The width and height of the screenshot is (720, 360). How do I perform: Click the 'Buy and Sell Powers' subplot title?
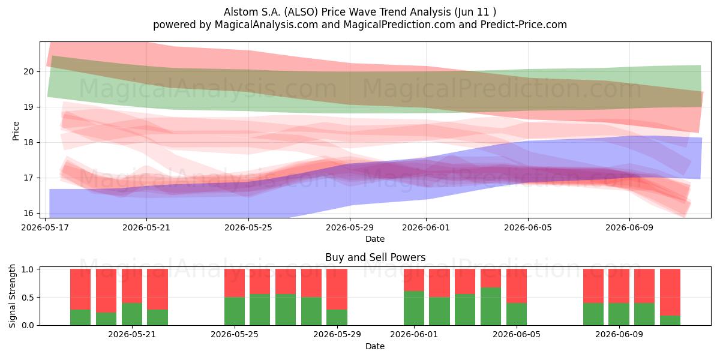375,257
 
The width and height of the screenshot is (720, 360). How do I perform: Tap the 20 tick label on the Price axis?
28,71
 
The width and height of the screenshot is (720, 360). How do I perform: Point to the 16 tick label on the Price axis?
28,213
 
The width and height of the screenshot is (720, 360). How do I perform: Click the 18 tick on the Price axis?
28,142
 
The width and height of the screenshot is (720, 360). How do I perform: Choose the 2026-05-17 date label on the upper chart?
44,227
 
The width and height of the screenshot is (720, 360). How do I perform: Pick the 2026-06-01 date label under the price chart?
426,227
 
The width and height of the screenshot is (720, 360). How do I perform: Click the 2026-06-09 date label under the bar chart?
619,334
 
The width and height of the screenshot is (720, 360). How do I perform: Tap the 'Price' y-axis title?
16,131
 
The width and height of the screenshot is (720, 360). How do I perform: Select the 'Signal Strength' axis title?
12,296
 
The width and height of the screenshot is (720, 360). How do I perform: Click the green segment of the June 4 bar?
491,307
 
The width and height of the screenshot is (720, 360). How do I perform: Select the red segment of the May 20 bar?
132,286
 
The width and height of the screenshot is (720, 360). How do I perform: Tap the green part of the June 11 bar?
670,320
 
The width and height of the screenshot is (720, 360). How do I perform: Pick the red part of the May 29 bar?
337,289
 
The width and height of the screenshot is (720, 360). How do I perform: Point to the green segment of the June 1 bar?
413,308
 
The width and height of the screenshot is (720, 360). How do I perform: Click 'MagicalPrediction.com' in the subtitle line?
399,25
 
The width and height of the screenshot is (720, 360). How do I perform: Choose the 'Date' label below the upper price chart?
375,239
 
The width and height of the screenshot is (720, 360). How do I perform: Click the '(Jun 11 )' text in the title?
475,12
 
